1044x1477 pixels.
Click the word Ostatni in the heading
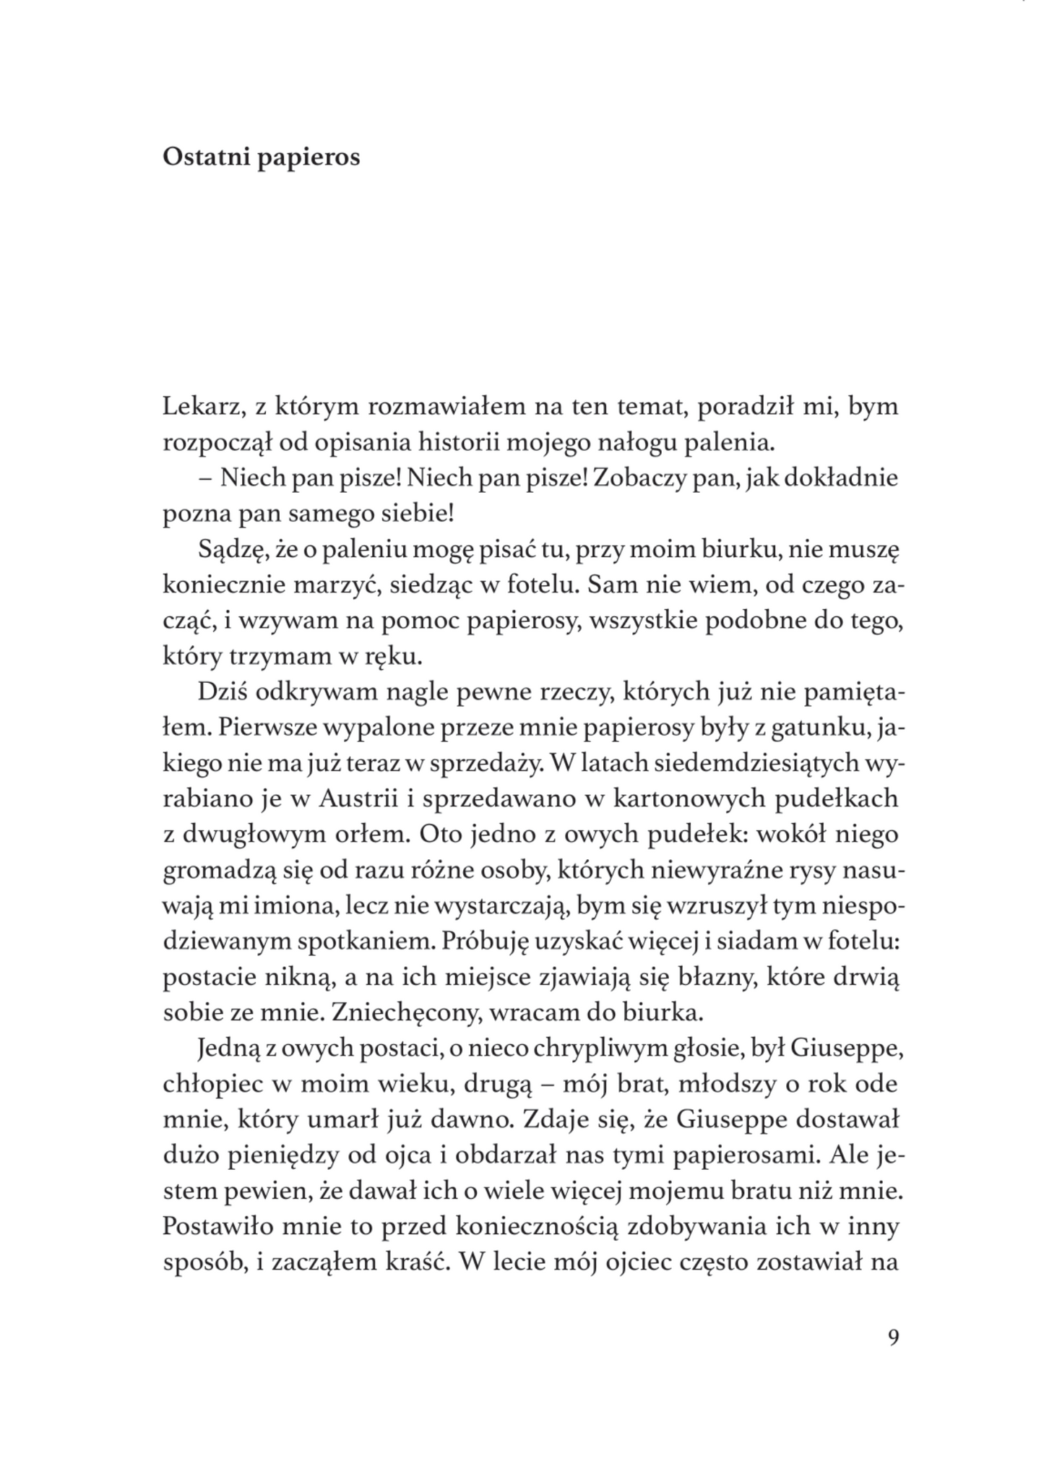[205, 157]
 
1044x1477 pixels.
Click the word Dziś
[220, 692]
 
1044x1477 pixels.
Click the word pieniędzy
[277, 1155]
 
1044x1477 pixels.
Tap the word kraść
[412, 1262]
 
